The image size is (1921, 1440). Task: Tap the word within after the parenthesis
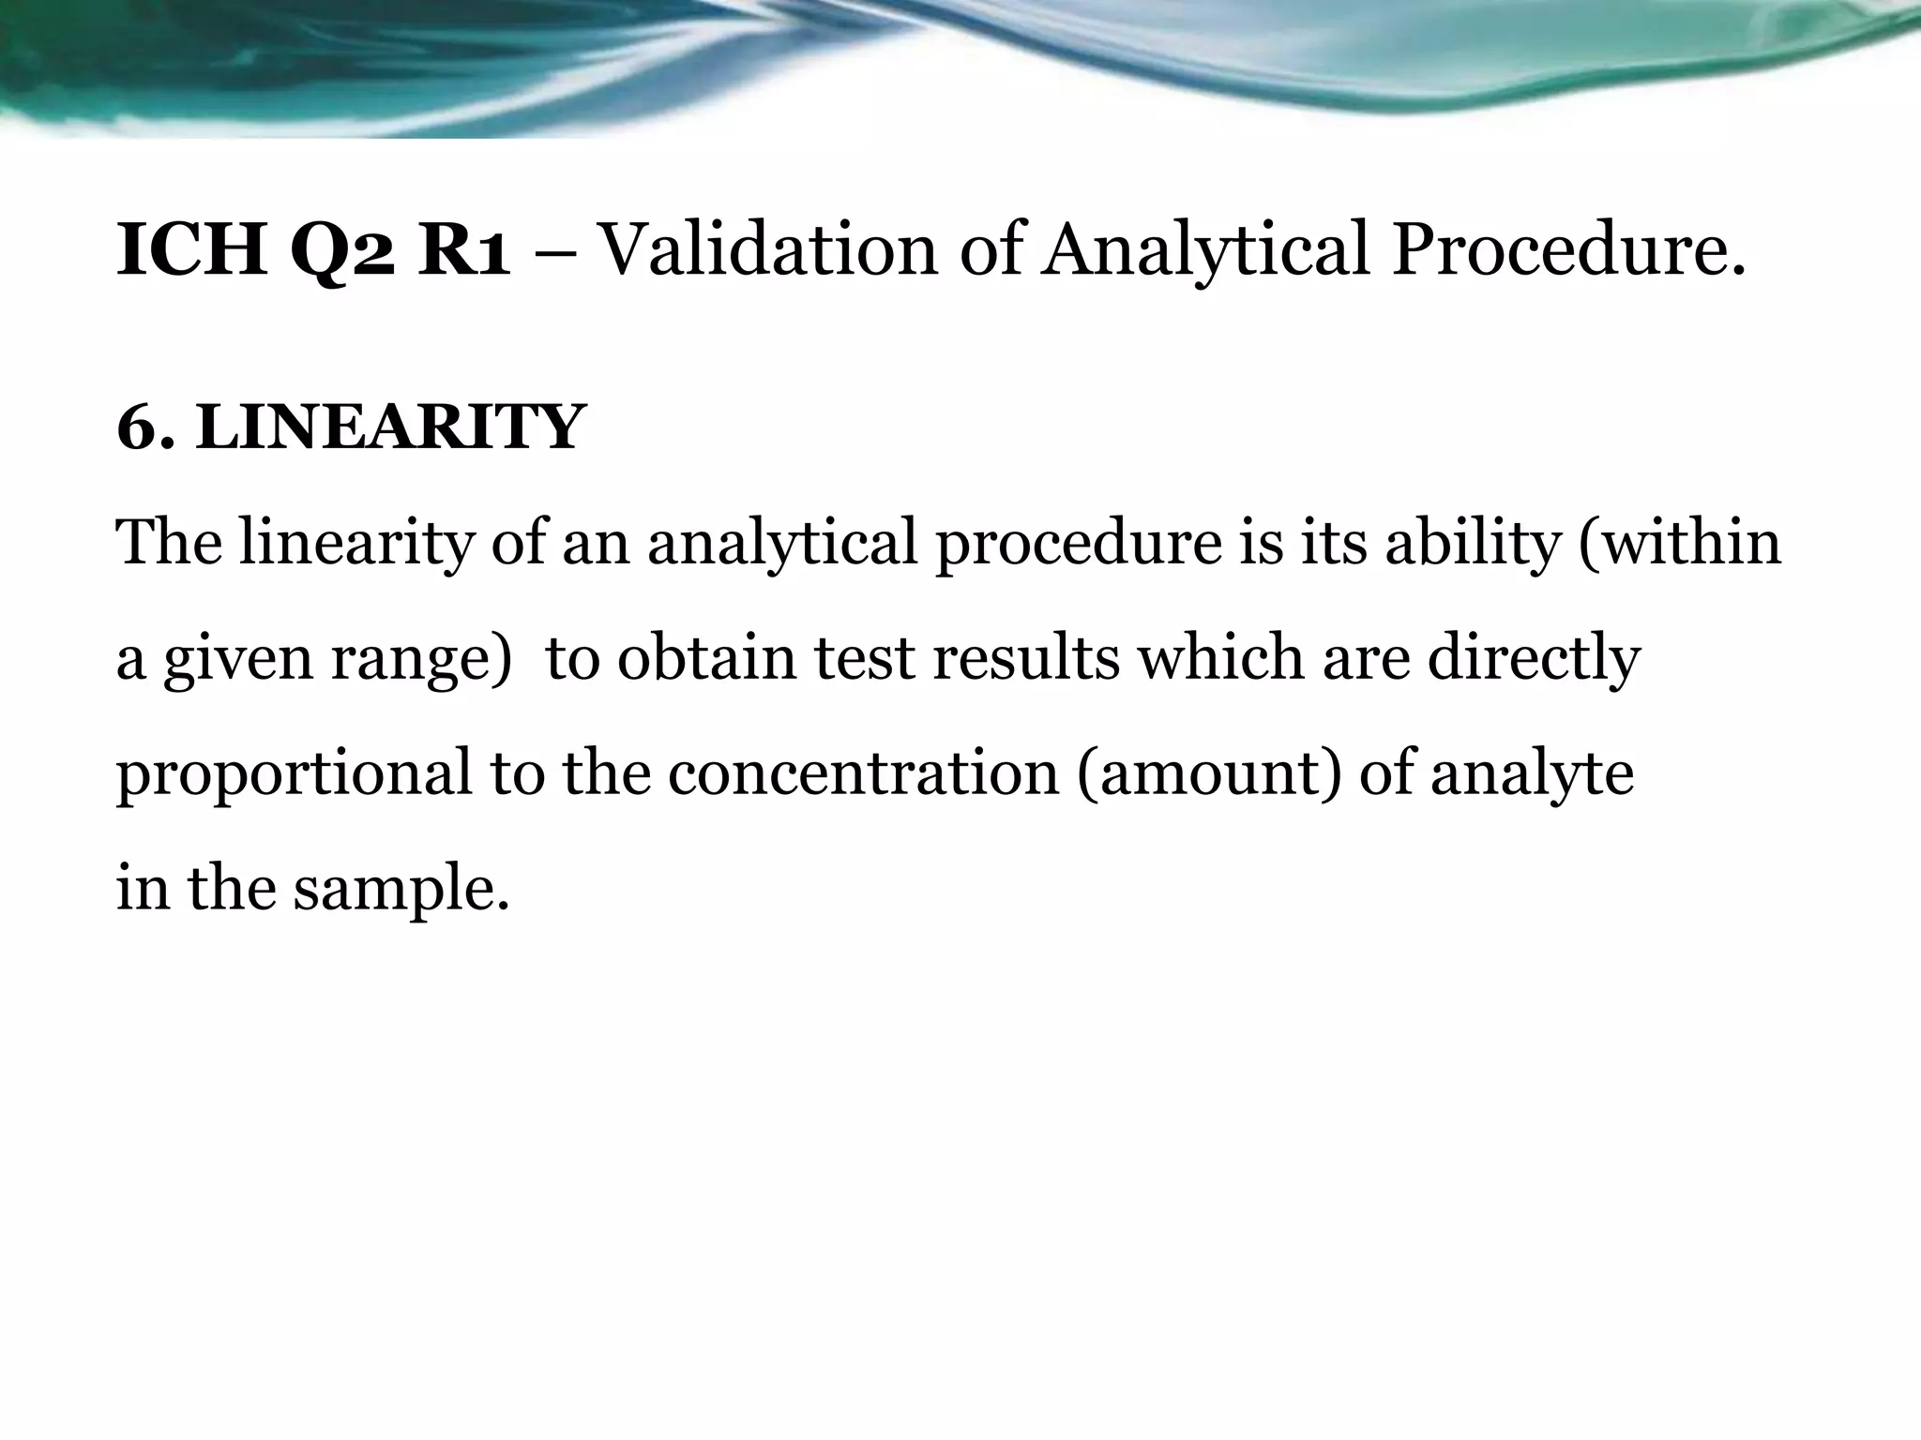[1689, 544]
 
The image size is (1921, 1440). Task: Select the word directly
[1533, 659]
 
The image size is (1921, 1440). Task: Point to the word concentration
[863, 774]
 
